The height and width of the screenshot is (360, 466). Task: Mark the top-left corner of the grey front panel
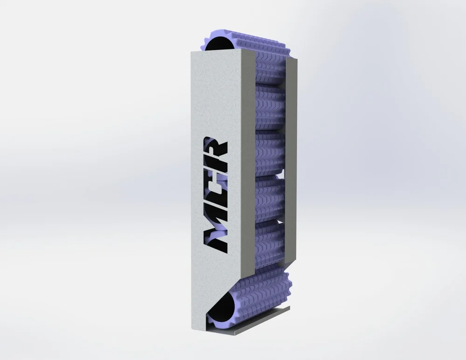pyautogui.click(x=191, y=52)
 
